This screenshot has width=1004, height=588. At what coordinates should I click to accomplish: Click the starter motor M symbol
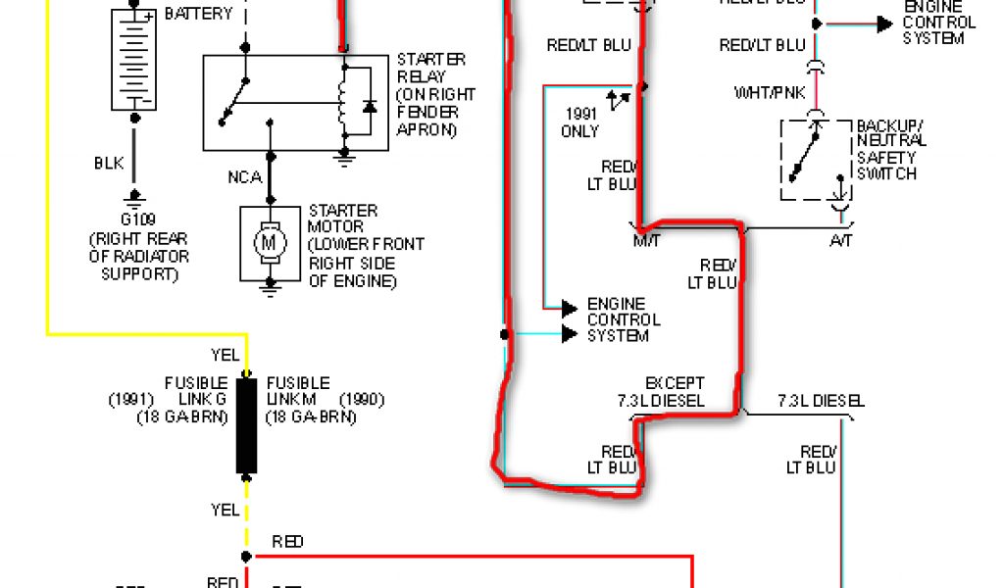269,241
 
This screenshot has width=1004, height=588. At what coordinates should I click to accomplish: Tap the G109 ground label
135,220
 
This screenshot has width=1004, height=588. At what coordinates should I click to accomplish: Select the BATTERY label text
199,14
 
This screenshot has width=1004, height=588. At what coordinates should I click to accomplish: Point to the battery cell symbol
135,59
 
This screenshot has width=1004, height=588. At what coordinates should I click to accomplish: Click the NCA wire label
244,177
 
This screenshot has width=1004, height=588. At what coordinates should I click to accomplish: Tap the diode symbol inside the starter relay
370,105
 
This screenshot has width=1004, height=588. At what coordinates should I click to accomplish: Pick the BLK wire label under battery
109,164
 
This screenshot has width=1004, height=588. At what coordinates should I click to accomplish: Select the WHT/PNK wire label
770,93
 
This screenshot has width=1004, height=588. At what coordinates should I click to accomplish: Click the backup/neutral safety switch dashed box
816,160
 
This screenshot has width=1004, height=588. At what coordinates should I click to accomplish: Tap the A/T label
841,240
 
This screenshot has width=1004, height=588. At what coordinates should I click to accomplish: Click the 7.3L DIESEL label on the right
821,401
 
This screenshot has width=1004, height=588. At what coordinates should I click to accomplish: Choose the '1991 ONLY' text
579,122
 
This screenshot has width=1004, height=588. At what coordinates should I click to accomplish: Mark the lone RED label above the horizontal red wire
287,542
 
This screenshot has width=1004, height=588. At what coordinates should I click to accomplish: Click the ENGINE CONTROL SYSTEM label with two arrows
624,320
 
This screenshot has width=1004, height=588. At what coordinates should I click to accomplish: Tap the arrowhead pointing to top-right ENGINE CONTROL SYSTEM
884,24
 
